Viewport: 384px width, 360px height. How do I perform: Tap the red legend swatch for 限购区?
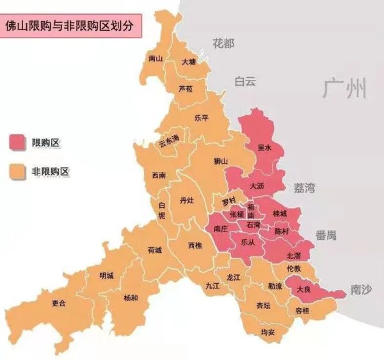click(x=17, y=141)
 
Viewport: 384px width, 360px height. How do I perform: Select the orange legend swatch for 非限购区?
click(x=17, y=171)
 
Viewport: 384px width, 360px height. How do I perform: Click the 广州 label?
click(x=346, y=88)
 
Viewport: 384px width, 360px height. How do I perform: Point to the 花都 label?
click(x=223, y=43)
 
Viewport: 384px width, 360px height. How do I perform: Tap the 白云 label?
click(x=245, y=81)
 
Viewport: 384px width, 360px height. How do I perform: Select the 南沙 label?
click(x=361, y=289)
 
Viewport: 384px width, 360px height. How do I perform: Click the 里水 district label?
click(x=264, y=147)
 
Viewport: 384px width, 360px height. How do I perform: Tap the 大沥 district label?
click(x=257, y=185)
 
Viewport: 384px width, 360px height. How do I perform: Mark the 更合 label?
click(x=59, y=303)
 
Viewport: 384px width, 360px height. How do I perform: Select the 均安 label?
click(x=268, y=333)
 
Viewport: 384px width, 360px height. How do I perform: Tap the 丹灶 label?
click(x=186, y=200)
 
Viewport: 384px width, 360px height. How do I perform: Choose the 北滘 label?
click(x=294, y=255)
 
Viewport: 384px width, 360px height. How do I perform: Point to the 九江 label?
click(x=212, y=286)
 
